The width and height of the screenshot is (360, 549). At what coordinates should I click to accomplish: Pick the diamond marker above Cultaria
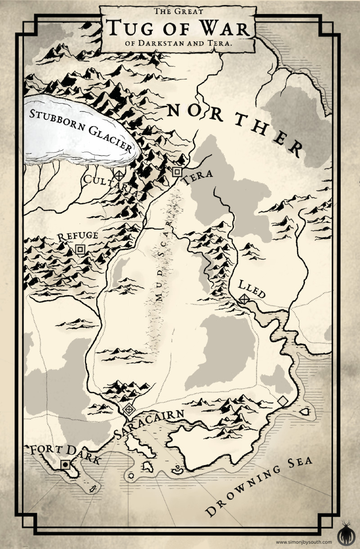click(119, 175)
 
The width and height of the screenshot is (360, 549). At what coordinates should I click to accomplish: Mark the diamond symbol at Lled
click(244, 299)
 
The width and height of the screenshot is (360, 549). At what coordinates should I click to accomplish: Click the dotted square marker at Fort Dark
click(66, 464)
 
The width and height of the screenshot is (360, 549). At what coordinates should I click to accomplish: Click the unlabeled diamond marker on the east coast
click(283, 400)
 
